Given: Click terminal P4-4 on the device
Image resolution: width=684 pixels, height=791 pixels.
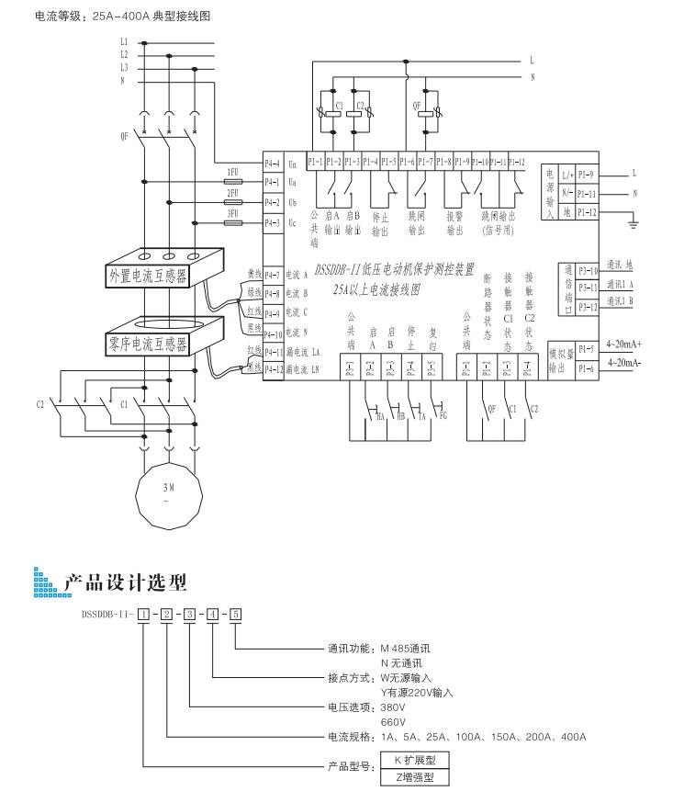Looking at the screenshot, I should click(272, 164).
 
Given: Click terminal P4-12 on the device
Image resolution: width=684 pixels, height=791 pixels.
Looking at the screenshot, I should click(272, 369).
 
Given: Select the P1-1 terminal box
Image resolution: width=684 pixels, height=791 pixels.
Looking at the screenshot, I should click(314, 162).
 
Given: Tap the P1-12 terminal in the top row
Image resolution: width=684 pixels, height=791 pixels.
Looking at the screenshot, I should click(516, 162).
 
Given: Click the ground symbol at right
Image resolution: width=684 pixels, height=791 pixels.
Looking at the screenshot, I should click(632, 220).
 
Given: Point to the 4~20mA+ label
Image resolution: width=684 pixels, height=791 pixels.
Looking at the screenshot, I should click(623, 345).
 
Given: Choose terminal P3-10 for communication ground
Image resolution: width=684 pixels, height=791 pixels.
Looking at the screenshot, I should click(588, 271).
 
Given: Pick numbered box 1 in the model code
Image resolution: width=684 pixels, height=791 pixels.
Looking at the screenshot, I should click(142, 612).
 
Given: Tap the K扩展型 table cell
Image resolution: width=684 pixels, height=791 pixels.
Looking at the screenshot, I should click(415, 761).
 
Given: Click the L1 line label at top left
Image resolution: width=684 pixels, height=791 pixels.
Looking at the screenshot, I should click(124, 42).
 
